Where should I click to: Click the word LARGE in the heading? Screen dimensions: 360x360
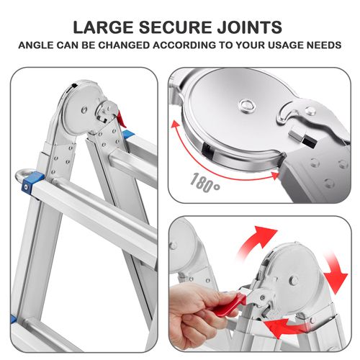pyautogui.click(x=103, y=27)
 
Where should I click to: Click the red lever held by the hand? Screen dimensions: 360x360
pyautogui.click(x=228, y=304)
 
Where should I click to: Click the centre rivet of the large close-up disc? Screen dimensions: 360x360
pyautogui.click(x=246, y=105)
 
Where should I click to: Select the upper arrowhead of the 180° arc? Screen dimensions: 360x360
pyautogui.click(x=176, y=124)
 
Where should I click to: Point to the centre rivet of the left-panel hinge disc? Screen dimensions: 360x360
pyautogui.click(x=84, y=109)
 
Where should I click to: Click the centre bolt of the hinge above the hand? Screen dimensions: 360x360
pyautogui.click(x=294, y=280)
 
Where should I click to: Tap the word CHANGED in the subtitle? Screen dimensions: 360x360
pyautogui.click(x=124, y=45)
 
